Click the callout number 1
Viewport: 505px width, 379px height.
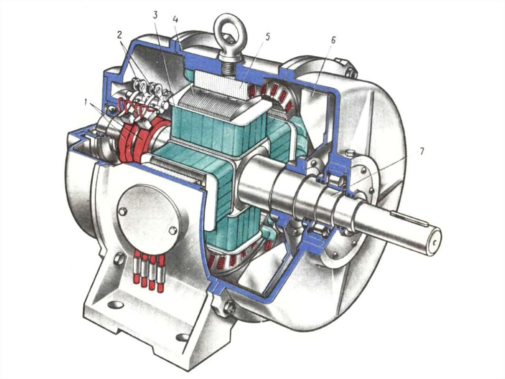(x=86, y=102)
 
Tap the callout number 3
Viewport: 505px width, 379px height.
(x=155, y=15)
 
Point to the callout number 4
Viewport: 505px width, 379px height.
(x=175, y=19)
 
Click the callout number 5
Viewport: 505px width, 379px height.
(x=267, y=37)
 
